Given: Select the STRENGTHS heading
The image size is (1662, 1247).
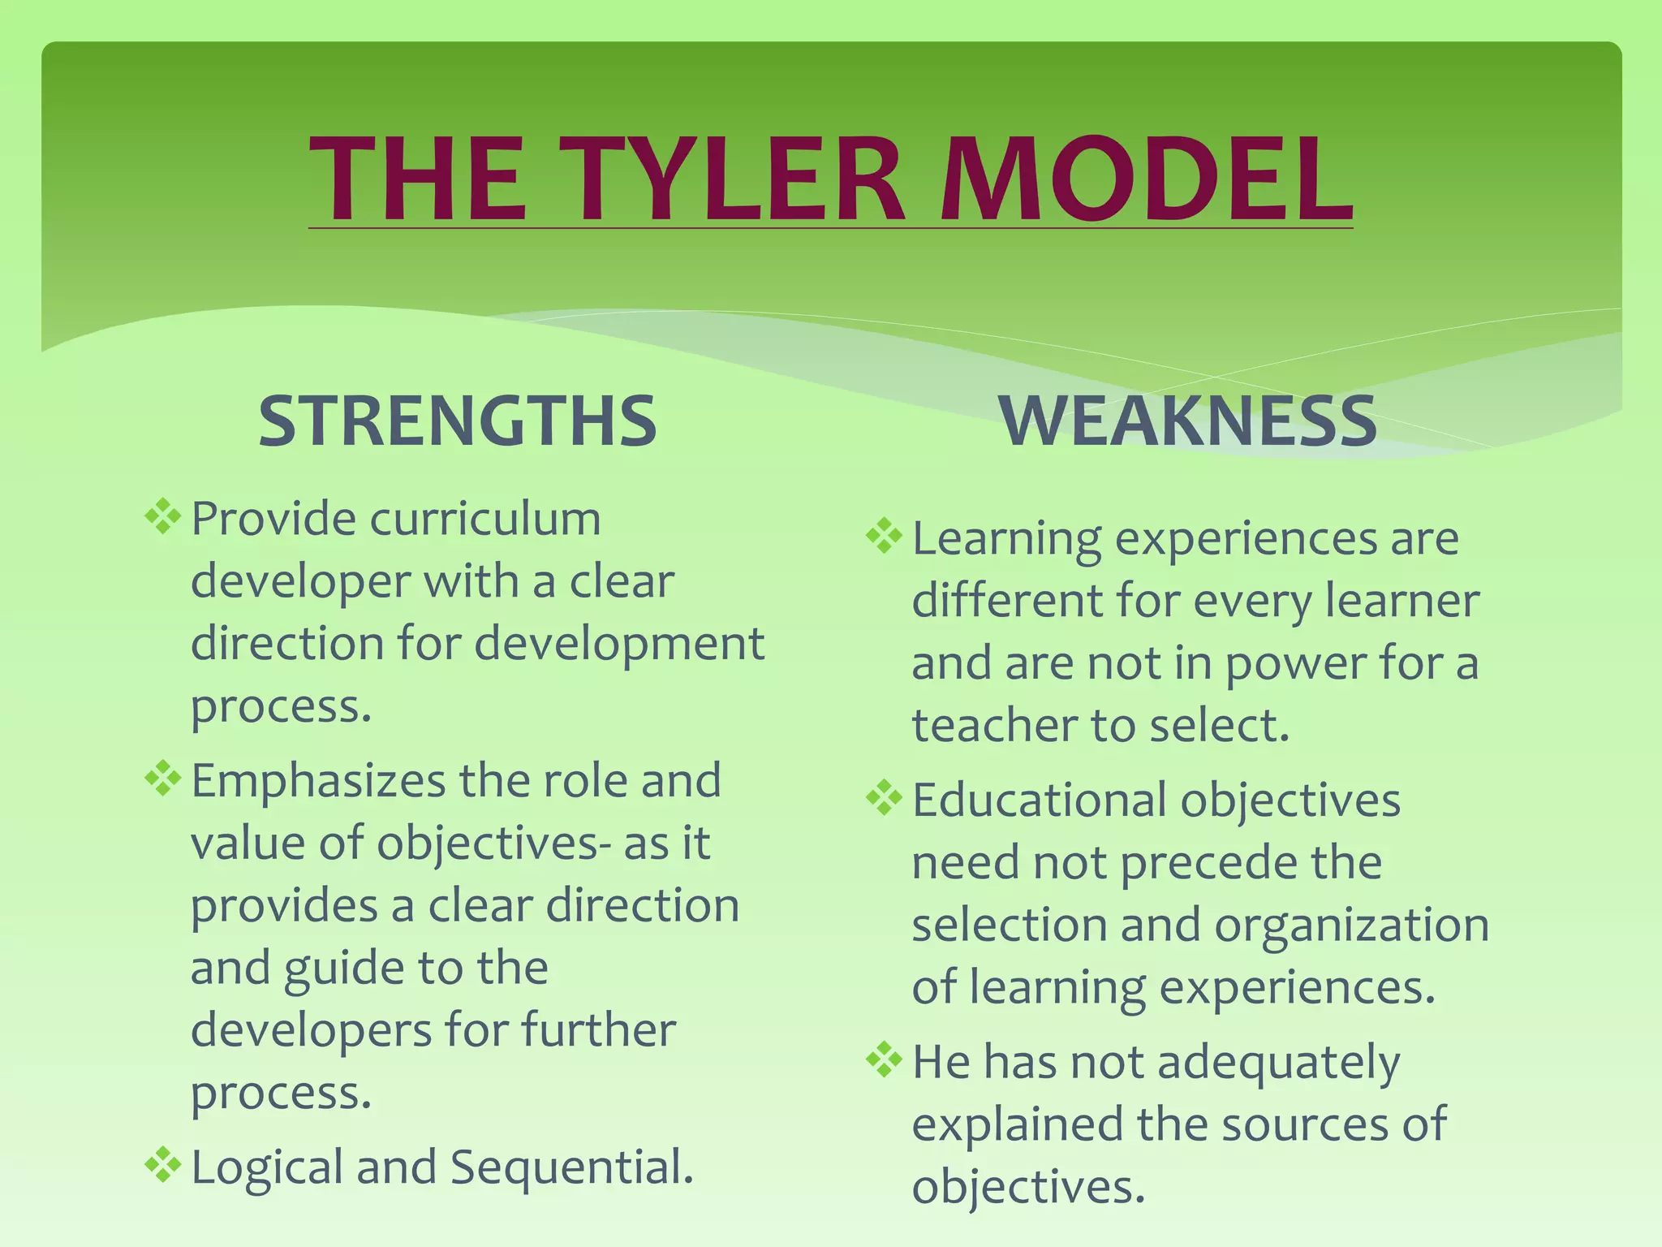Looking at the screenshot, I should (457, 421).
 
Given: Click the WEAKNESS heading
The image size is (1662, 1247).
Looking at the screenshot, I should (1188, 421).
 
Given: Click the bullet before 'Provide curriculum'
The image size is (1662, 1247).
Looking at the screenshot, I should (162, 517).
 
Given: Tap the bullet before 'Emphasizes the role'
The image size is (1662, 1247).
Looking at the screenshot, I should (162, 779).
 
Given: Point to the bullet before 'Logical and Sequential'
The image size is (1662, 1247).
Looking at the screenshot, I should (162, 1165).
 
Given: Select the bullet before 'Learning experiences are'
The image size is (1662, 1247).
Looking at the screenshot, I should (884, 537).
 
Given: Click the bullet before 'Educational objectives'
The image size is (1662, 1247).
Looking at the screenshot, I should (884, 799).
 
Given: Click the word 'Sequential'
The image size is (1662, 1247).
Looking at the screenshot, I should (571, 1167).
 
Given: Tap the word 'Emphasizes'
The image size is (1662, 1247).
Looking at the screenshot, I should (318, 781).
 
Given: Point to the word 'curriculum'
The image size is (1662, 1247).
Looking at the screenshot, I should (485, 520).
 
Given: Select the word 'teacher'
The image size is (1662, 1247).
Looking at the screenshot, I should (993, 725).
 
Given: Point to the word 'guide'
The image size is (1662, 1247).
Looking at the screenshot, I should (343, 969).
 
